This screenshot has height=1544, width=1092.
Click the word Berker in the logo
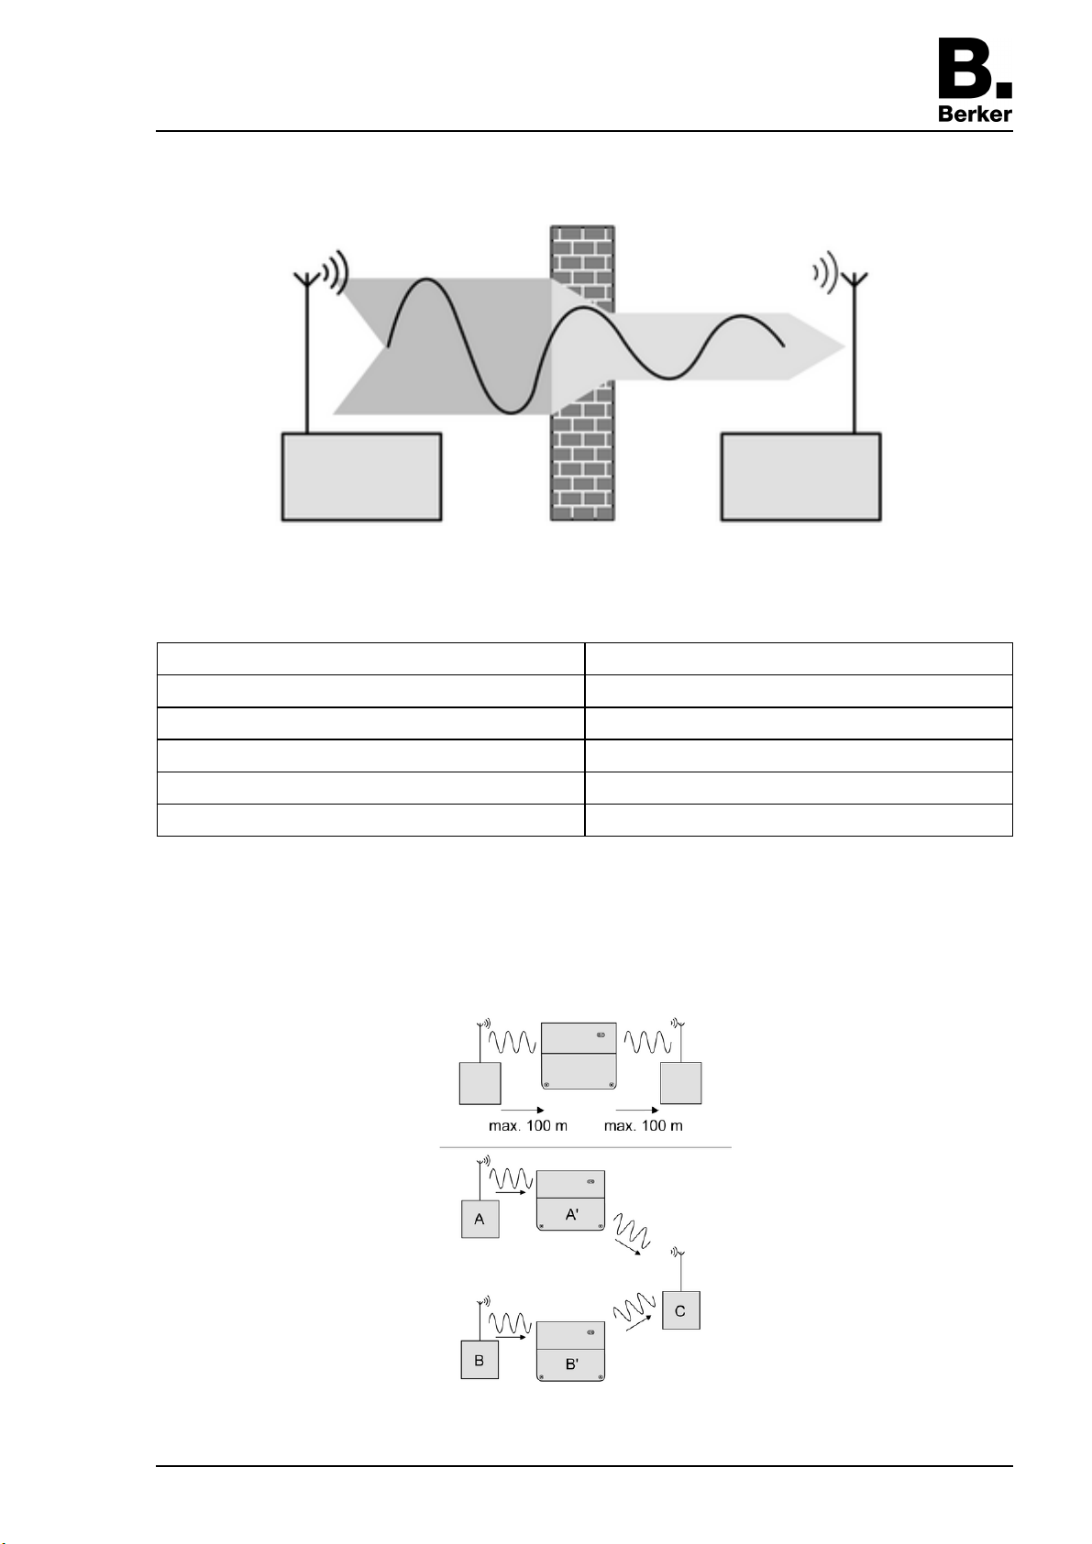(975, 114)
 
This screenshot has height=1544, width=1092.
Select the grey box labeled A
(480, 1219)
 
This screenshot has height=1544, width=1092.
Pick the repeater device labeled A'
(570, 1200)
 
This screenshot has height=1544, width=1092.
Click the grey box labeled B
(480, 1360)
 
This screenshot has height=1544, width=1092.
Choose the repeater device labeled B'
(570, 1352)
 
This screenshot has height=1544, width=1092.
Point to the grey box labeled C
(681, 1310)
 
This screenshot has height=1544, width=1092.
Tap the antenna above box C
(679, 1271)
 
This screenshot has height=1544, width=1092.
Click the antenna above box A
(480, 1179)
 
